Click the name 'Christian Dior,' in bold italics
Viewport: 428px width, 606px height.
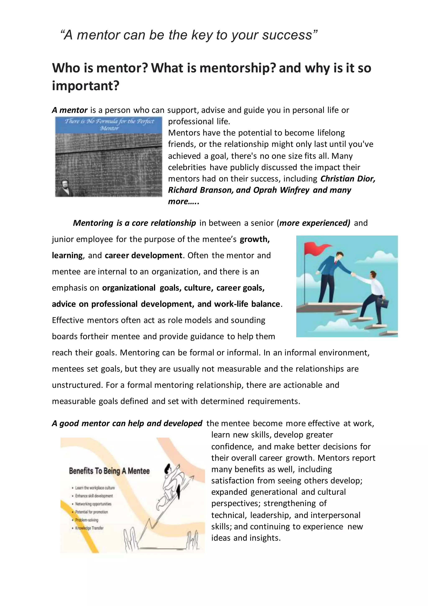348,179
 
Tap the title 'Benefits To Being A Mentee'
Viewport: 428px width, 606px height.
109,471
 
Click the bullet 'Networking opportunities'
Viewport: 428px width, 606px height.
93,504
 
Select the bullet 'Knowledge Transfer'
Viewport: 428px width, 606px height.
89,528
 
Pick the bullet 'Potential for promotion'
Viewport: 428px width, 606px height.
91,512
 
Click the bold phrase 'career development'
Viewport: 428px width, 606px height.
143,256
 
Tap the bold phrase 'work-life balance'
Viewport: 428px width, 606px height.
247,304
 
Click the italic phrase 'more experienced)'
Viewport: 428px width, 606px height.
315,223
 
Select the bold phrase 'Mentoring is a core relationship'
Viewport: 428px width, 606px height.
134,223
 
